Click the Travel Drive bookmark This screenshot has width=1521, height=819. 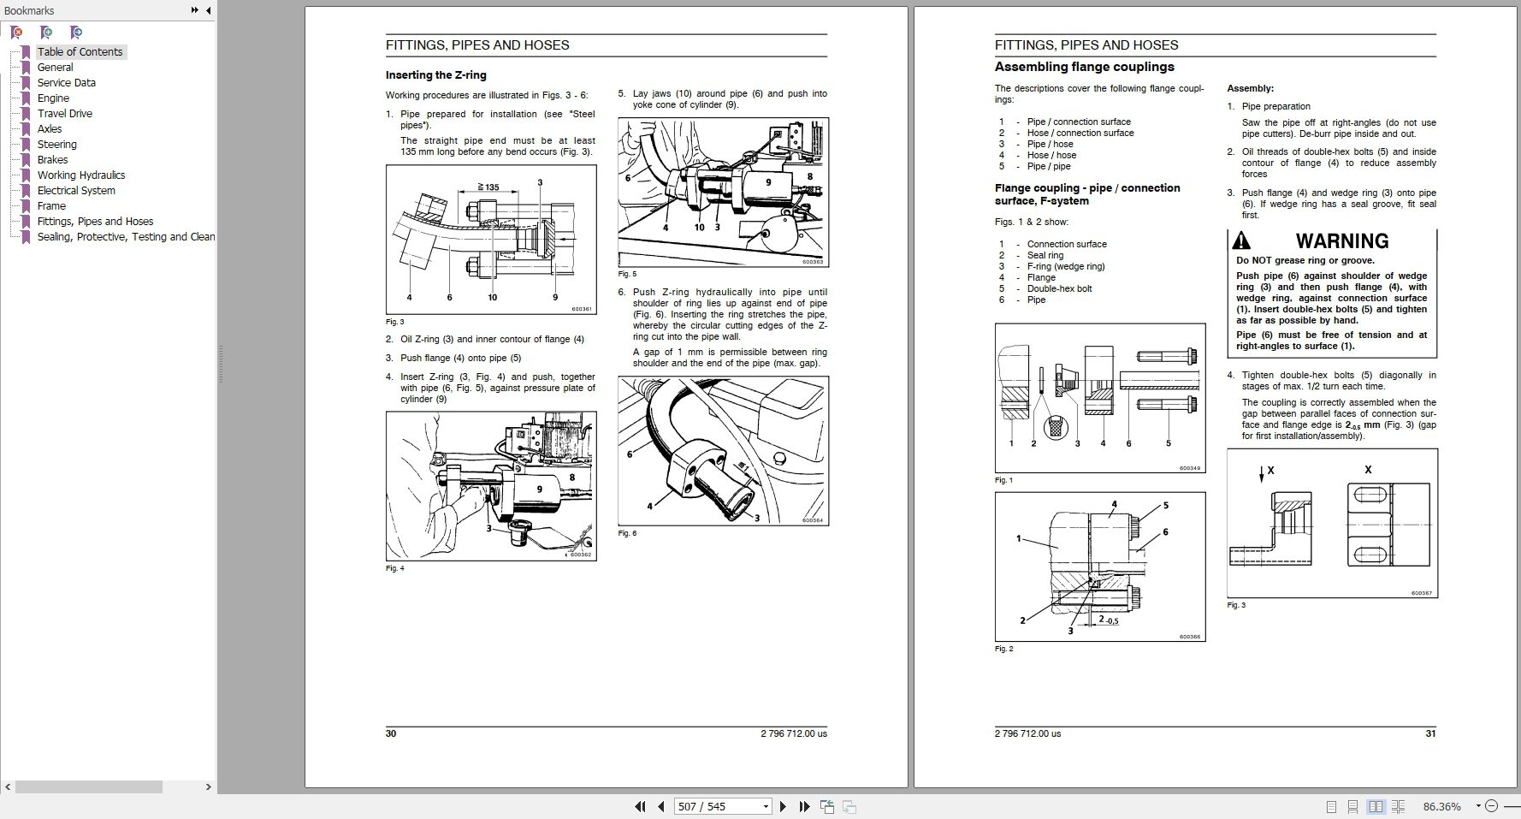point(64,113)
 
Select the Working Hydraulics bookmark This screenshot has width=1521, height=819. point(80,175)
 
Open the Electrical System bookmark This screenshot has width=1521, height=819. point(75,190)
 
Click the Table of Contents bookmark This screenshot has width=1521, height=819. point(80,51)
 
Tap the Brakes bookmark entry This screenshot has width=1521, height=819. point(52,159)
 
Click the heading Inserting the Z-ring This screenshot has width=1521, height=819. point(435,75)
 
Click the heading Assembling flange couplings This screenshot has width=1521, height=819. point(1084,67)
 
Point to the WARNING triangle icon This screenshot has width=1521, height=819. point(1241,241)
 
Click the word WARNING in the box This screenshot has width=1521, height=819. point(1341,241)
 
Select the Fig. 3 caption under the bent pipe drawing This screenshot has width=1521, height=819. point(394,322)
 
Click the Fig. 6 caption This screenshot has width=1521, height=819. point(627,533)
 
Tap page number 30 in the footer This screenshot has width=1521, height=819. point(391,733)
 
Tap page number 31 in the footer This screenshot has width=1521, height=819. point(1430,733)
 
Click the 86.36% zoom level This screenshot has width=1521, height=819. point(1441,806)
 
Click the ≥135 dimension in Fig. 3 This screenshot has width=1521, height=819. point(488,187)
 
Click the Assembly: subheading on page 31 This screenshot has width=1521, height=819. point(1250,88)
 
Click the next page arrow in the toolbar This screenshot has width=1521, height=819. point(783,806)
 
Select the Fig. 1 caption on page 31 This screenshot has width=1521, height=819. point(1003,480)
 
